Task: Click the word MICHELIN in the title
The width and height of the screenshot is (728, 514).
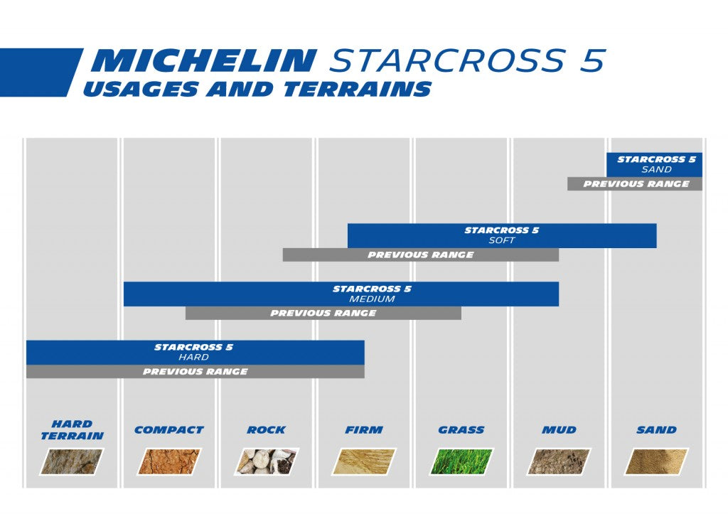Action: (202, 62)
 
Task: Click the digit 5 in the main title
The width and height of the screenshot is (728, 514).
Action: (592, 62)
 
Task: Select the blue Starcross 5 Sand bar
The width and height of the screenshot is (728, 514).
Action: (655, 164)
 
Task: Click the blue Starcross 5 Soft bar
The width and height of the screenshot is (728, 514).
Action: (501, 235)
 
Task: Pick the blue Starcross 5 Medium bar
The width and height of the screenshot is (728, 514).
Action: (341, 294)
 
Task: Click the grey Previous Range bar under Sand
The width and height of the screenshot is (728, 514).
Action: (635, 184)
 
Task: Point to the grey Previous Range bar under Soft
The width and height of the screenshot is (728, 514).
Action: (420, 255)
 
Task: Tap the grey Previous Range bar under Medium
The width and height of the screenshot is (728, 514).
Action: (323, 313)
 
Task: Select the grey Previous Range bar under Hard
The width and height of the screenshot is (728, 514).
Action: (195, 372)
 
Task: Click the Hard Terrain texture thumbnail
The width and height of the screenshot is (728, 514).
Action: (72, 461)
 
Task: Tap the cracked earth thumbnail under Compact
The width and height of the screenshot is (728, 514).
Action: (168, 461)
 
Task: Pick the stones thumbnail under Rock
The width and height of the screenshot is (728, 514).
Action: (267, 461)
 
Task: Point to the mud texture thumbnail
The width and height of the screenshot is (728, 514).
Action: (558, 461)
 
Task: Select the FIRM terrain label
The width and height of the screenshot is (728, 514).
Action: (363, 430)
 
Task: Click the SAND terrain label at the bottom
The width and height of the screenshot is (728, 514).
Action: (656, 430)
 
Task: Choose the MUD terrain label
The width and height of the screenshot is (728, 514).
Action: (558, 430)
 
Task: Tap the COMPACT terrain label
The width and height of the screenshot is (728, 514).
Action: (168, 430)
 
